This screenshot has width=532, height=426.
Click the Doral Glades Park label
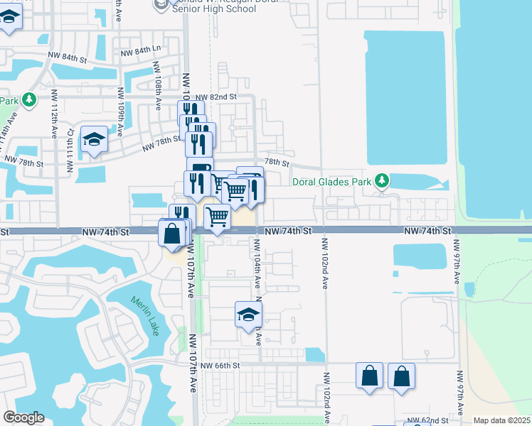pos(334,182)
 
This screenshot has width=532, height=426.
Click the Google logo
pos(23,417)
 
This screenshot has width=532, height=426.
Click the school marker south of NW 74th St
pos(248,315)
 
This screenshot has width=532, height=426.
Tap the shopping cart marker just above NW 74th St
pos(217,216)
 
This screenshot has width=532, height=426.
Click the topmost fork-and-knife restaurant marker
pos(190,112)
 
